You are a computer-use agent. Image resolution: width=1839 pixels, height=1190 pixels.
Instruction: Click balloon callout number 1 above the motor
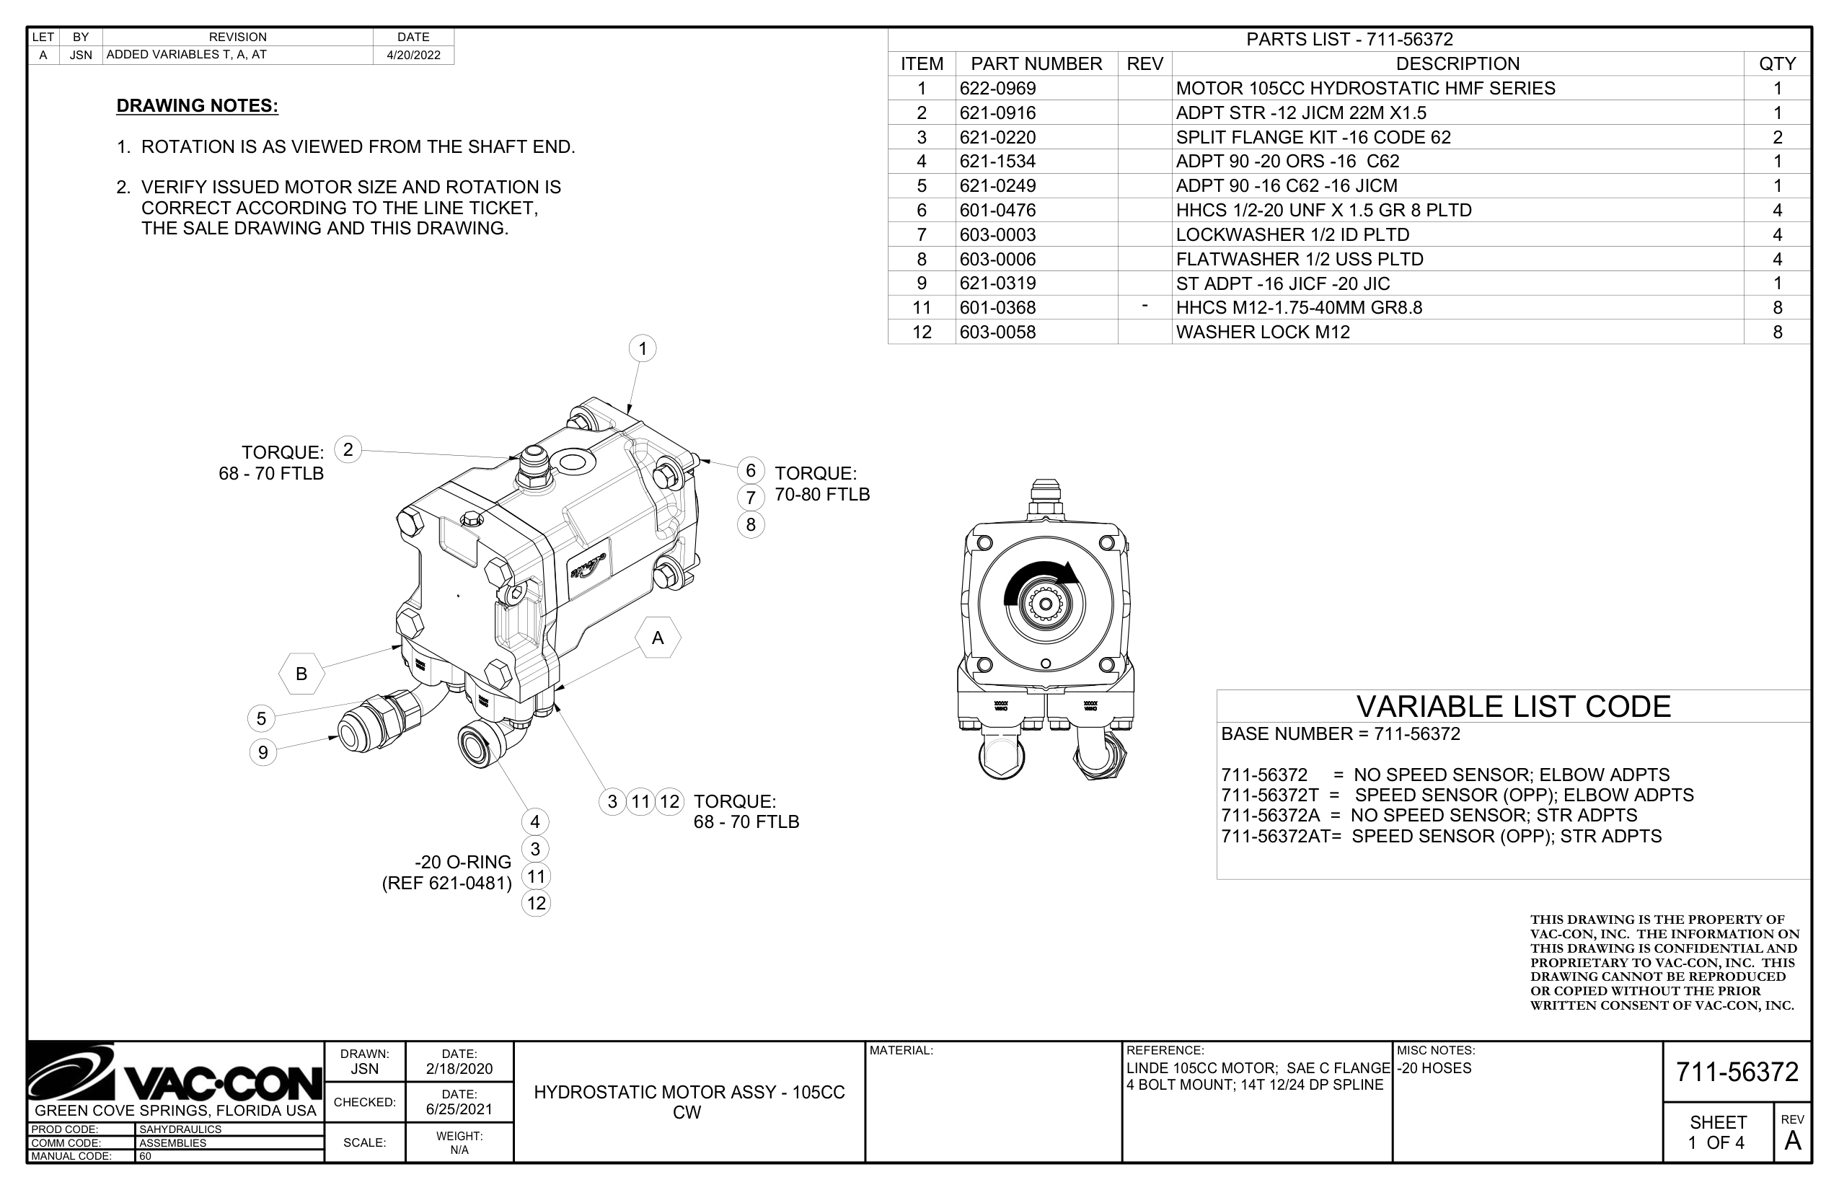tap(642, 348)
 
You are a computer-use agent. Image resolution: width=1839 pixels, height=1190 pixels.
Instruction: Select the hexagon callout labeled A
tap(658, 638)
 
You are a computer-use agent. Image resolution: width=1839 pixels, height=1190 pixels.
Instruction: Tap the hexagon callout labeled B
tap(301, 674)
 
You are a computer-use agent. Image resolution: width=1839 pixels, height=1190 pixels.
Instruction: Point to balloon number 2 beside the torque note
tap(348, 450)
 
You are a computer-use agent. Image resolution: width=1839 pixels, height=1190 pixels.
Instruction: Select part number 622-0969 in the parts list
tap(997, 88)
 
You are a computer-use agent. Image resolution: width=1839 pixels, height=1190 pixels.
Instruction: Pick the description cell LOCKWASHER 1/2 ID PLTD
tap(1292, 235)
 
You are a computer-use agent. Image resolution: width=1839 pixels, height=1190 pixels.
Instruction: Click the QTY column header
tap(1776, 63)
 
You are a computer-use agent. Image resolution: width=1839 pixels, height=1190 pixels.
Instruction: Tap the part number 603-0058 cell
tap(997, 332)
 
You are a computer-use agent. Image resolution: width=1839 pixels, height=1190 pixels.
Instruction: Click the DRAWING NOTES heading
tap(197, 106)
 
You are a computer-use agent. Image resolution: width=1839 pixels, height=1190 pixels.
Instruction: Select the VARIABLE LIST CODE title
tap(1513, 707)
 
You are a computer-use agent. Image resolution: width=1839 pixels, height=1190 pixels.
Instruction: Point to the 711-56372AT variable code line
tap(1440, 836)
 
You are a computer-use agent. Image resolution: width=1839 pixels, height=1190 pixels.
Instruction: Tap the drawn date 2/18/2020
tap(459, 1070)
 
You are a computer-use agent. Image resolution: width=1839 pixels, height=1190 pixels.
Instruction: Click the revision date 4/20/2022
tap(413, 55)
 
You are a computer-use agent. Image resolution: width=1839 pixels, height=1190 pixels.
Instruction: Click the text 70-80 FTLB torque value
tap(822, 495)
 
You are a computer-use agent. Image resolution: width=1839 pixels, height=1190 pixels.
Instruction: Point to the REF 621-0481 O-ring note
tap(446, 883)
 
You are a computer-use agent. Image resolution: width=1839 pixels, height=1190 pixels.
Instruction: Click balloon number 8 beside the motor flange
tap(750, 525)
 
